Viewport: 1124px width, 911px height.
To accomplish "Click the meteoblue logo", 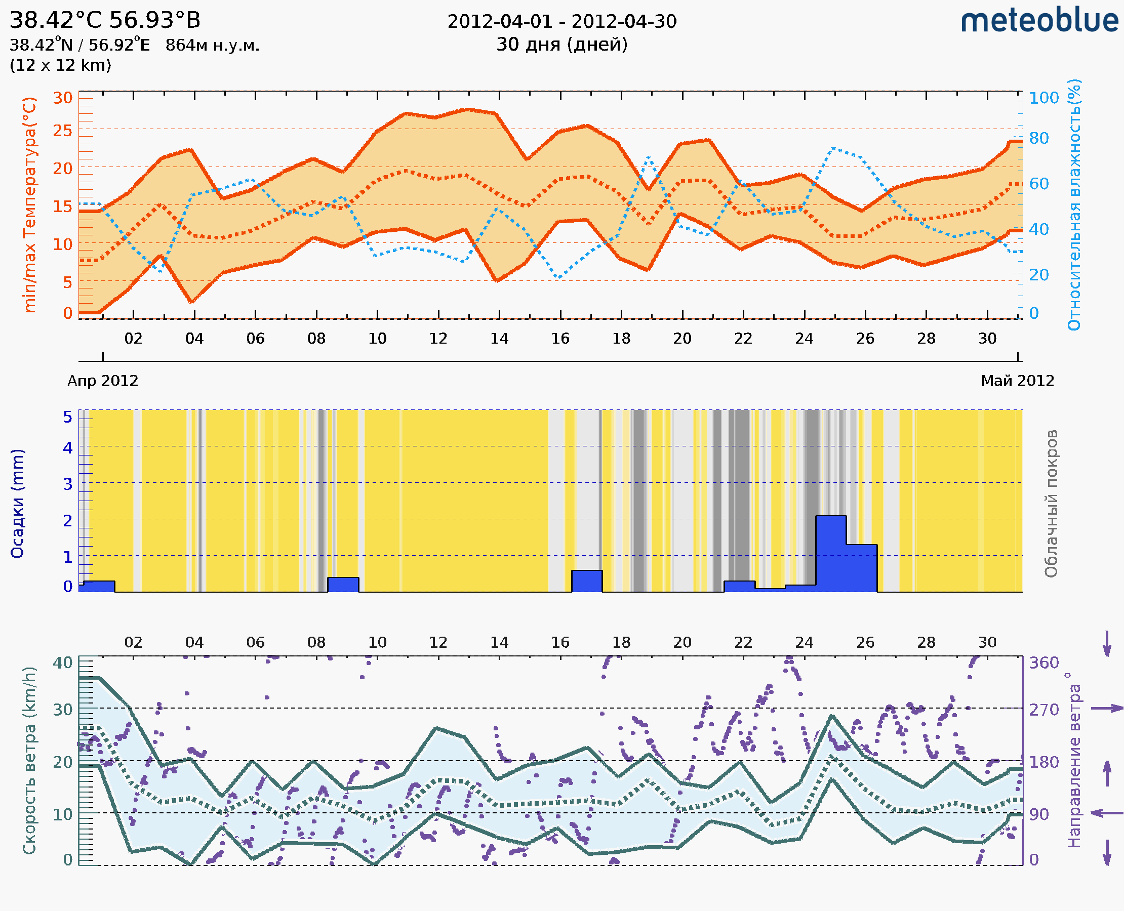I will click(x=1039, y=21).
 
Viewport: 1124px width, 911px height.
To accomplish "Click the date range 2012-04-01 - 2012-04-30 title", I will click(x=561, y=22).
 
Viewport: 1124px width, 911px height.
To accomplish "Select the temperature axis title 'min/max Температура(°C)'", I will click(x=30, y=204).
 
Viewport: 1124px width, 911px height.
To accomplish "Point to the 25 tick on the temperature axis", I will click(x=62, y=130).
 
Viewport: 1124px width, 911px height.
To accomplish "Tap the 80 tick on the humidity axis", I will click(x=1038, y=139).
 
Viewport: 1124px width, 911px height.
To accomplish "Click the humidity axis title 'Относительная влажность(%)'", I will click(x=1074, y=204).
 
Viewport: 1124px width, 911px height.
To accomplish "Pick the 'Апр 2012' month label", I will click(x=103, y=381).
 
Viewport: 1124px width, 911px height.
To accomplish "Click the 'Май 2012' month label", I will click(x=1018, y=381).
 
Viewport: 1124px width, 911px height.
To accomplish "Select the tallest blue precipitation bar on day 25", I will click(x=830, y=554).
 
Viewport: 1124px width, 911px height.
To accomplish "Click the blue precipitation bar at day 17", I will click(x=586, y=581).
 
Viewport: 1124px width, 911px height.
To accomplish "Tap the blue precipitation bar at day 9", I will click(x=343, y=585).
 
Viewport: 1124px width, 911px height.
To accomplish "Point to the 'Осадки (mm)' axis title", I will click(x=17, y=504).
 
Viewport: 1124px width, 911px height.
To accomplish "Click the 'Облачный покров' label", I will click(x=1051, y=504).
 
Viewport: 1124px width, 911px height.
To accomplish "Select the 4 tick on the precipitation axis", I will click(x=68, y=447).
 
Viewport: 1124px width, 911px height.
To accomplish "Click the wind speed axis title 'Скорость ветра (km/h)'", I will click(x=29, y=760).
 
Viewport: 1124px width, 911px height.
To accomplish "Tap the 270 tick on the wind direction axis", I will click(x=1043, y=710).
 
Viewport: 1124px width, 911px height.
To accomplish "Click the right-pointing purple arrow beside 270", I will click(x=1107, y=709).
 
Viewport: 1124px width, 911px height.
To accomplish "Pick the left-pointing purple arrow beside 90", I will click(x=1107, y=813).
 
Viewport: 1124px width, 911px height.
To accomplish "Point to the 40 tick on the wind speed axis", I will click(x=62, y=663).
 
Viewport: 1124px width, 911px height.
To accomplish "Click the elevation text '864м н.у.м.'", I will click(x=212, y=46).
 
